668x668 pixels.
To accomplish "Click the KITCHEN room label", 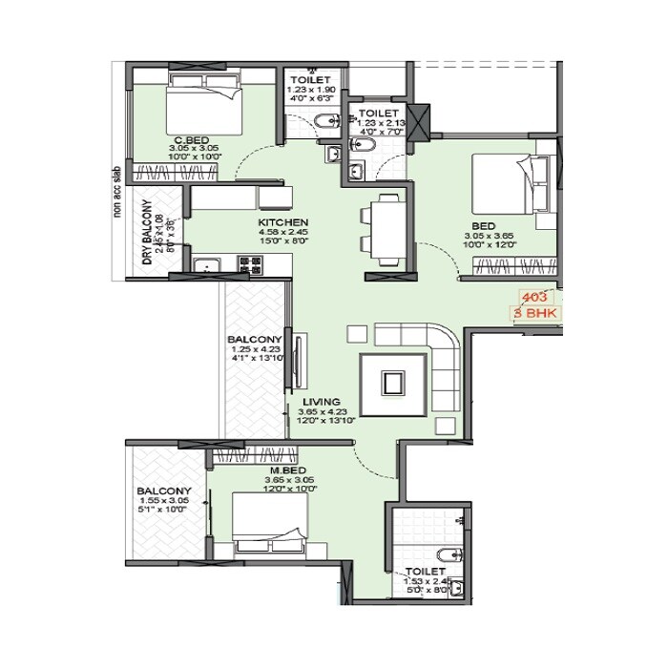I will (x=283, y=222).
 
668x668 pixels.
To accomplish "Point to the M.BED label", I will (x=287, y=470).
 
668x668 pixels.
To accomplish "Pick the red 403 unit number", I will (x=535, y=297).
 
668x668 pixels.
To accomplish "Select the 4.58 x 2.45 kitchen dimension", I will (x=283, y=232).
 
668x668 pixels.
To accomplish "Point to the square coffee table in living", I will (x=391, y=384).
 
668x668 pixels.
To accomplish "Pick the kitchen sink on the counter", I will (x=207, y=266).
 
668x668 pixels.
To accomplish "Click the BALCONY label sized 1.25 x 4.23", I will (x=254, y=340).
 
